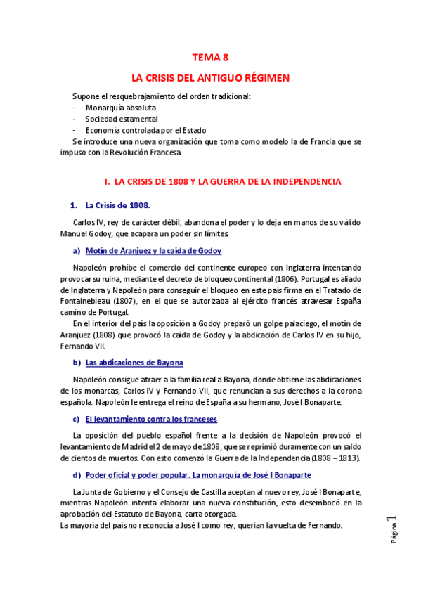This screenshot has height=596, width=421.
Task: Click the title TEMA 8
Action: pyautogui.click(x=210, y=58)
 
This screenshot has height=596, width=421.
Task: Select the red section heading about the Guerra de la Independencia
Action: pyautogui.click(x=222, y=182)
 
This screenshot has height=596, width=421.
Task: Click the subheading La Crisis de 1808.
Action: pyautogui.click(x=117, y=206)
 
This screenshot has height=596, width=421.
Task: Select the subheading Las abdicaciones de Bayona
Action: pyautogui.click(x=134, y=363)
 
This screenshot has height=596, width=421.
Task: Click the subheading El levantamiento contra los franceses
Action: pyautogui.click(x=151, y=419)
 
